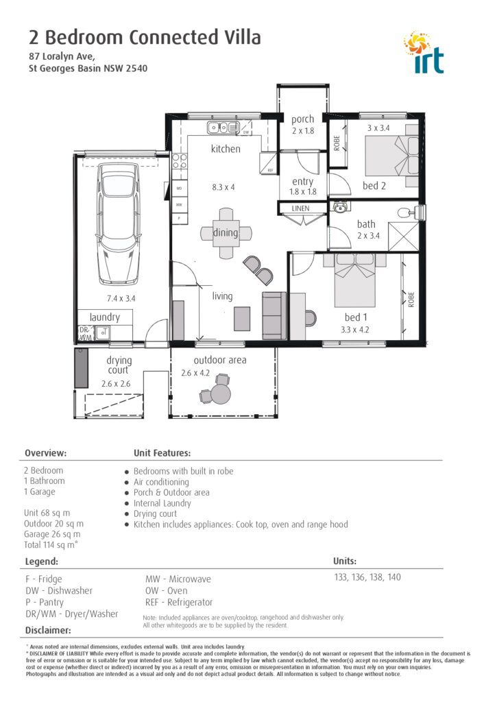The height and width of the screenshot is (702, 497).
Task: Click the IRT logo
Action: point(425,52)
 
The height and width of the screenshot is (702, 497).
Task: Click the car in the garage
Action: point(119,223)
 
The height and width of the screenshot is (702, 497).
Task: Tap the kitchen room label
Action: point(226,149)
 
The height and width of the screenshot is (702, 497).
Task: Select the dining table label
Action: point(226,233)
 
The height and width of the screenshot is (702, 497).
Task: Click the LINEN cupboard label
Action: point(300,208)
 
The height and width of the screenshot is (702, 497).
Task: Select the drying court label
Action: point(119,366)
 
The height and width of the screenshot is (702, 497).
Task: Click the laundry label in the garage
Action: point(104,317)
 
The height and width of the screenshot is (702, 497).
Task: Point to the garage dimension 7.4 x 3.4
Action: point(121,298)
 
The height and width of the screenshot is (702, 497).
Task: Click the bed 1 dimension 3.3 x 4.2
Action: point(355,330)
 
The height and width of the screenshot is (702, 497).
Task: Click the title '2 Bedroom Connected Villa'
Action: point(145,37)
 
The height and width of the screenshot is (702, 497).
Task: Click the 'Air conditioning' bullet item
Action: point(161,482)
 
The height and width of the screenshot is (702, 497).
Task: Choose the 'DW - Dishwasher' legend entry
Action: point(58,590)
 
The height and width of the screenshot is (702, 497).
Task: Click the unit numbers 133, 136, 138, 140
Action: point(367,577)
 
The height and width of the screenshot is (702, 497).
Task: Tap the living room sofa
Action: point(274,315)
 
